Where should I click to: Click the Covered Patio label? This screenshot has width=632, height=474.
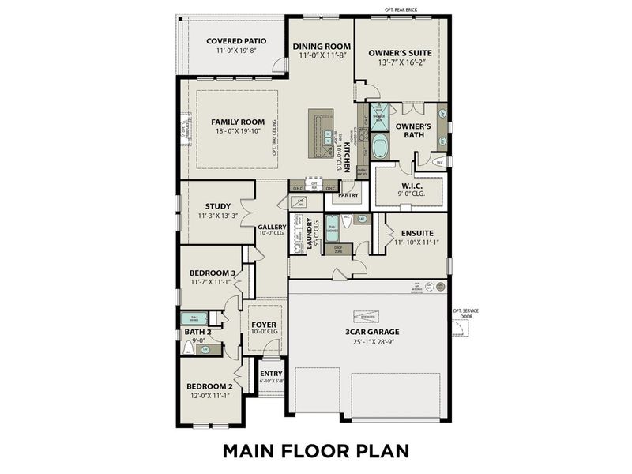click(235, 40)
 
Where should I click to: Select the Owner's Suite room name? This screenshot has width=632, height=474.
click(400, 53)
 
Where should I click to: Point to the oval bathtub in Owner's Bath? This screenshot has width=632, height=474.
click(381, 147)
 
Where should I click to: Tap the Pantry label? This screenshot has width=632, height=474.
click(348, 194)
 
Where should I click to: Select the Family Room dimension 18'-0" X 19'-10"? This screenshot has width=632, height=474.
click(236, 133)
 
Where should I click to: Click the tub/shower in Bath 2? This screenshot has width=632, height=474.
click(194, 318)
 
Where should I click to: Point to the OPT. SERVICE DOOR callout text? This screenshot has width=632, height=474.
click(465, 314)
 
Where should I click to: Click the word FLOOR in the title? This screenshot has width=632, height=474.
click(317, 450)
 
